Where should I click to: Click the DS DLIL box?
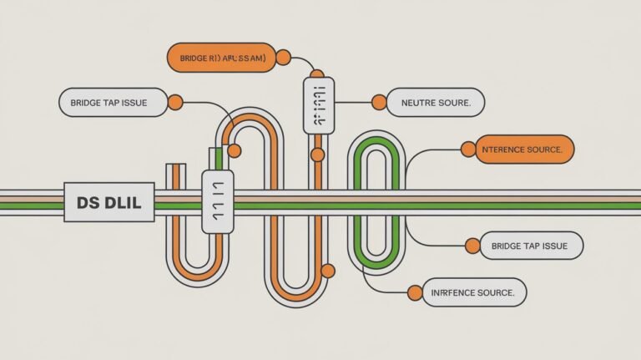tap(109, 202)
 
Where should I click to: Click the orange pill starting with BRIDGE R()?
tap(221, 57)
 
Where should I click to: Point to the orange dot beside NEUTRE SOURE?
tap(379, 103)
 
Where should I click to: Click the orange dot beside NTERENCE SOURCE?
tap(467, 150)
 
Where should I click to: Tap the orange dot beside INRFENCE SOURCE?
tap(415, 292)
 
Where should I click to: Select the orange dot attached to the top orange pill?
tap(283, 57)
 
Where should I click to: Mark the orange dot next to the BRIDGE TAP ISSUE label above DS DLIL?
tap(175, 103)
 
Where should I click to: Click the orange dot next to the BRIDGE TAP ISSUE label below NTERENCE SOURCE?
tap(472, 246)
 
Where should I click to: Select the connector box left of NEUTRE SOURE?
tap(318, 105)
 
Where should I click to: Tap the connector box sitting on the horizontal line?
tap(219, 202)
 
